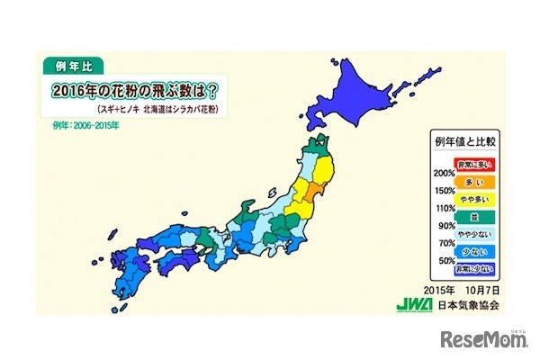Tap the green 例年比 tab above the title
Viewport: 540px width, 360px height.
coord(74,66)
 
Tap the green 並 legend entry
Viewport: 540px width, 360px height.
coord(472,218)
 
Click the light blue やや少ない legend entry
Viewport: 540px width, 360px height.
coord(472,238)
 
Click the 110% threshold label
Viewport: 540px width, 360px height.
coord(443,209)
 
